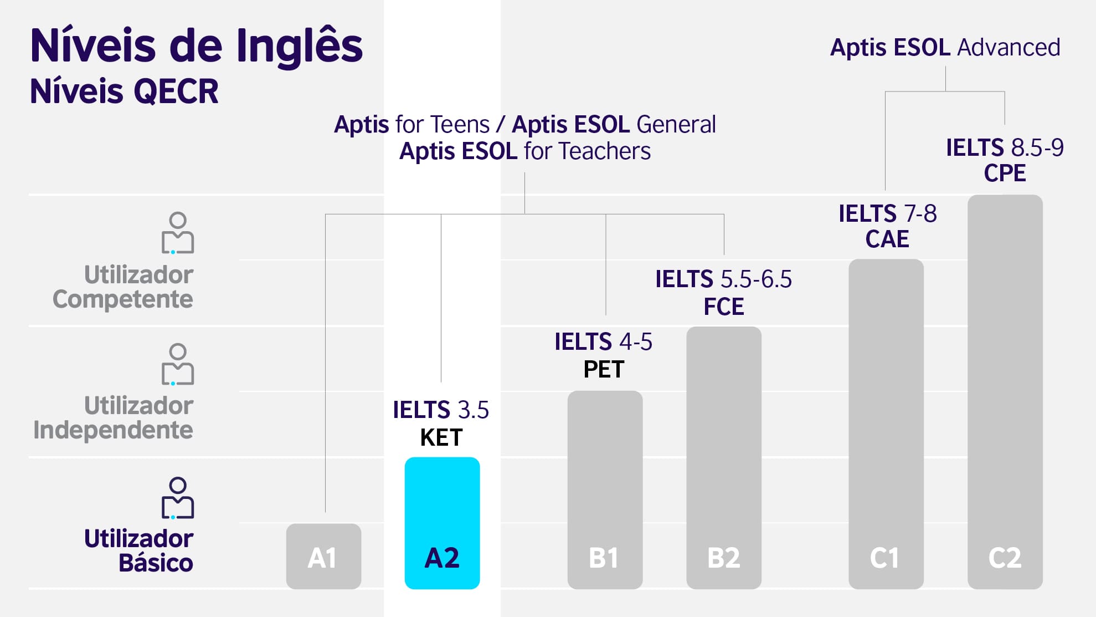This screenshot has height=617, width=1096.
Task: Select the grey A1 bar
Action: [323, 556]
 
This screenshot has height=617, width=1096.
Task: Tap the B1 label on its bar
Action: [604, 558]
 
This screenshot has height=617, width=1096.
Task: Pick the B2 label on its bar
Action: [723, 558]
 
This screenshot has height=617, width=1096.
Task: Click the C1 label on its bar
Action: [884, 558]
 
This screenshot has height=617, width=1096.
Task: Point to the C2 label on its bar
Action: [1005, 558]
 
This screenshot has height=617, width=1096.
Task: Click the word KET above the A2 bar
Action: [441, 438]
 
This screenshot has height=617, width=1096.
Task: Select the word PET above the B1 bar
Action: [604, 369]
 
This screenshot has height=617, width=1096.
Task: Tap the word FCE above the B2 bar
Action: [723, 307]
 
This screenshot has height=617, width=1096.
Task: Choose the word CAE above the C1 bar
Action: [887, 239]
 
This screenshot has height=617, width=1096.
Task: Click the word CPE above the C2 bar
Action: [1005, 173]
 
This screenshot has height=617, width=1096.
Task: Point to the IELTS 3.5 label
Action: [441, 410]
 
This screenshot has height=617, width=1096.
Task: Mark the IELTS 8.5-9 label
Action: [1005, 147]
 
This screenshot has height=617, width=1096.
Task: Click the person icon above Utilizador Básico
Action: [178, 498]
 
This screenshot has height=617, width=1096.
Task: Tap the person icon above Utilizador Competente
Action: [178, 233]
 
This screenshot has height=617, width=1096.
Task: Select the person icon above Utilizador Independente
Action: [178, 364]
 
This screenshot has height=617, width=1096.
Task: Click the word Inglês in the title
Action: [300, 45]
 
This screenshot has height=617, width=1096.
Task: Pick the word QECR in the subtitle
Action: [176, 91]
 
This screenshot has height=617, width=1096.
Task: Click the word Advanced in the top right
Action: [1008, 48]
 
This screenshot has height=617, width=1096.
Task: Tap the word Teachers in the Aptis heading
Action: [605, 151]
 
